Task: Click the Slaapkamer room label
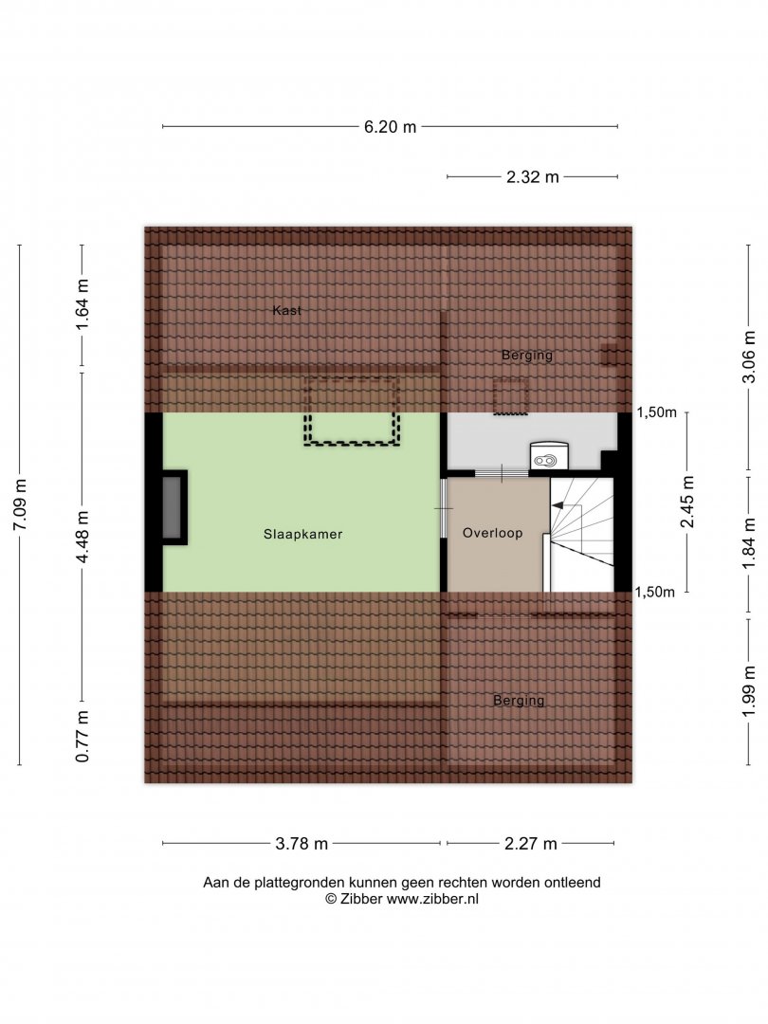pyautogui.click(x=302, y=534)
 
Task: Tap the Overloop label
pyautogui.click(x=492, y=533)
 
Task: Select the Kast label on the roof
pyautogui.click(x=286, y=310)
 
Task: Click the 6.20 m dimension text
pyautogui.click(x=390, y=127)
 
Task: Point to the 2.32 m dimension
pyautogui.click(x=532, y=177)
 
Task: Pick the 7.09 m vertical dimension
pyautogui.click(x=20, y=504)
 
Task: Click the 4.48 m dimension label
pyautogui.click(x=82, y=537)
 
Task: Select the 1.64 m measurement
pyautogui.click(x=82, y=304)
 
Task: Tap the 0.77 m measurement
pyautogui.click(x=82, y=737)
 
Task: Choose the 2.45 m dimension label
pyautogui.click(x=687, y=502)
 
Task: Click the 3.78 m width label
pyautogui.click(x=302, y=844)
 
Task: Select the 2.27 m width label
pyautogui.click(x=530, y=844)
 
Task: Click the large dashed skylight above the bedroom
pyautogui.click(x=352, y=411)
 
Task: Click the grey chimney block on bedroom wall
pyautogui.click(x=173, y=507)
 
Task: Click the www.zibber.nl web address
pyautogui.click(x=432, y=899)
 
